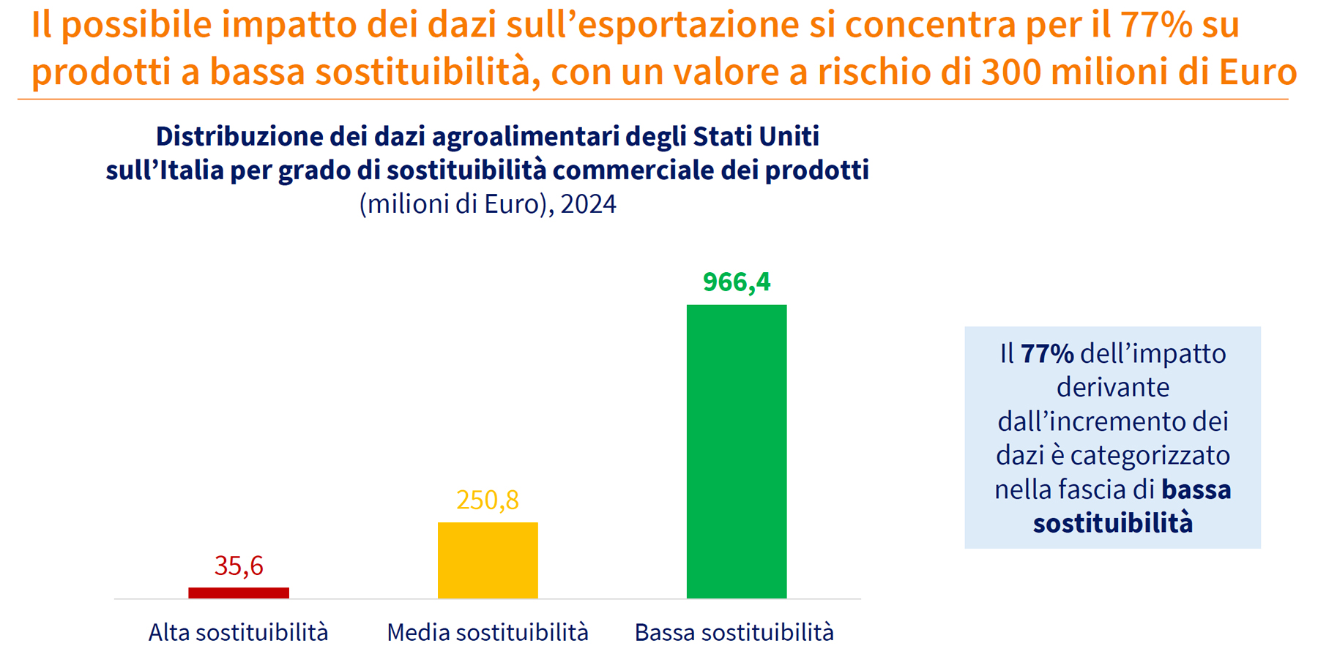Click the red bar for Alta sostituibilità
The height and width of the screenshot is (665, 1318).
click(x=239, y=593)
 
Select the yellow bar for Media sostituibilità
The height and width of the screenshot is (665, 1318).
click(x=488, y=560)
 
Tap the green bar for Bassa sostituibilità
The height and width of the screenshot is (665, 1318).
click(x=737, y=451)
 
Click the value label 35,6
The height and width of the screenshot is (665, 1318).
click(x=239, y=566)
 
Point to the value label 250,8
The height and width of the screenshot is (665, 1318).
click(x=488, y=500)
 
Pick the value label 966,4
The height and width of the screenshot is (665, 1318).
click(x=737, y=282)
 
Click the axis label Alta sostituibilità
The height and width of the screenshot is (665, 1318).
click(x=239, y=632)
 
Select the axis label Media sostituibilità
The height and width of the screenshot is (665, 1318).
click(x=488, y=632)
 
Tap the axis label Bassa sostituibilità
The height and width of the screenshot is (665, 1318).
click(x=734, y=632)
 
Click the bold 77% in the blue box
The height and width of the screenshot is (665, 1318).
click(x=1047, y=354)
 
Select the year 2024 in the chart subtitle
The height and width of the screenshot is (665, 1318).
click(x=588, y=203)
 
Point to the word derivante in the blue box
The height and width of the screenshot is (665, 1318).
click(x=1113, y=388)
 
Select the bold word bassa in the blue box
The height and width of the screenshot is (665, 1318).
click(x=1196, y=489)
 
